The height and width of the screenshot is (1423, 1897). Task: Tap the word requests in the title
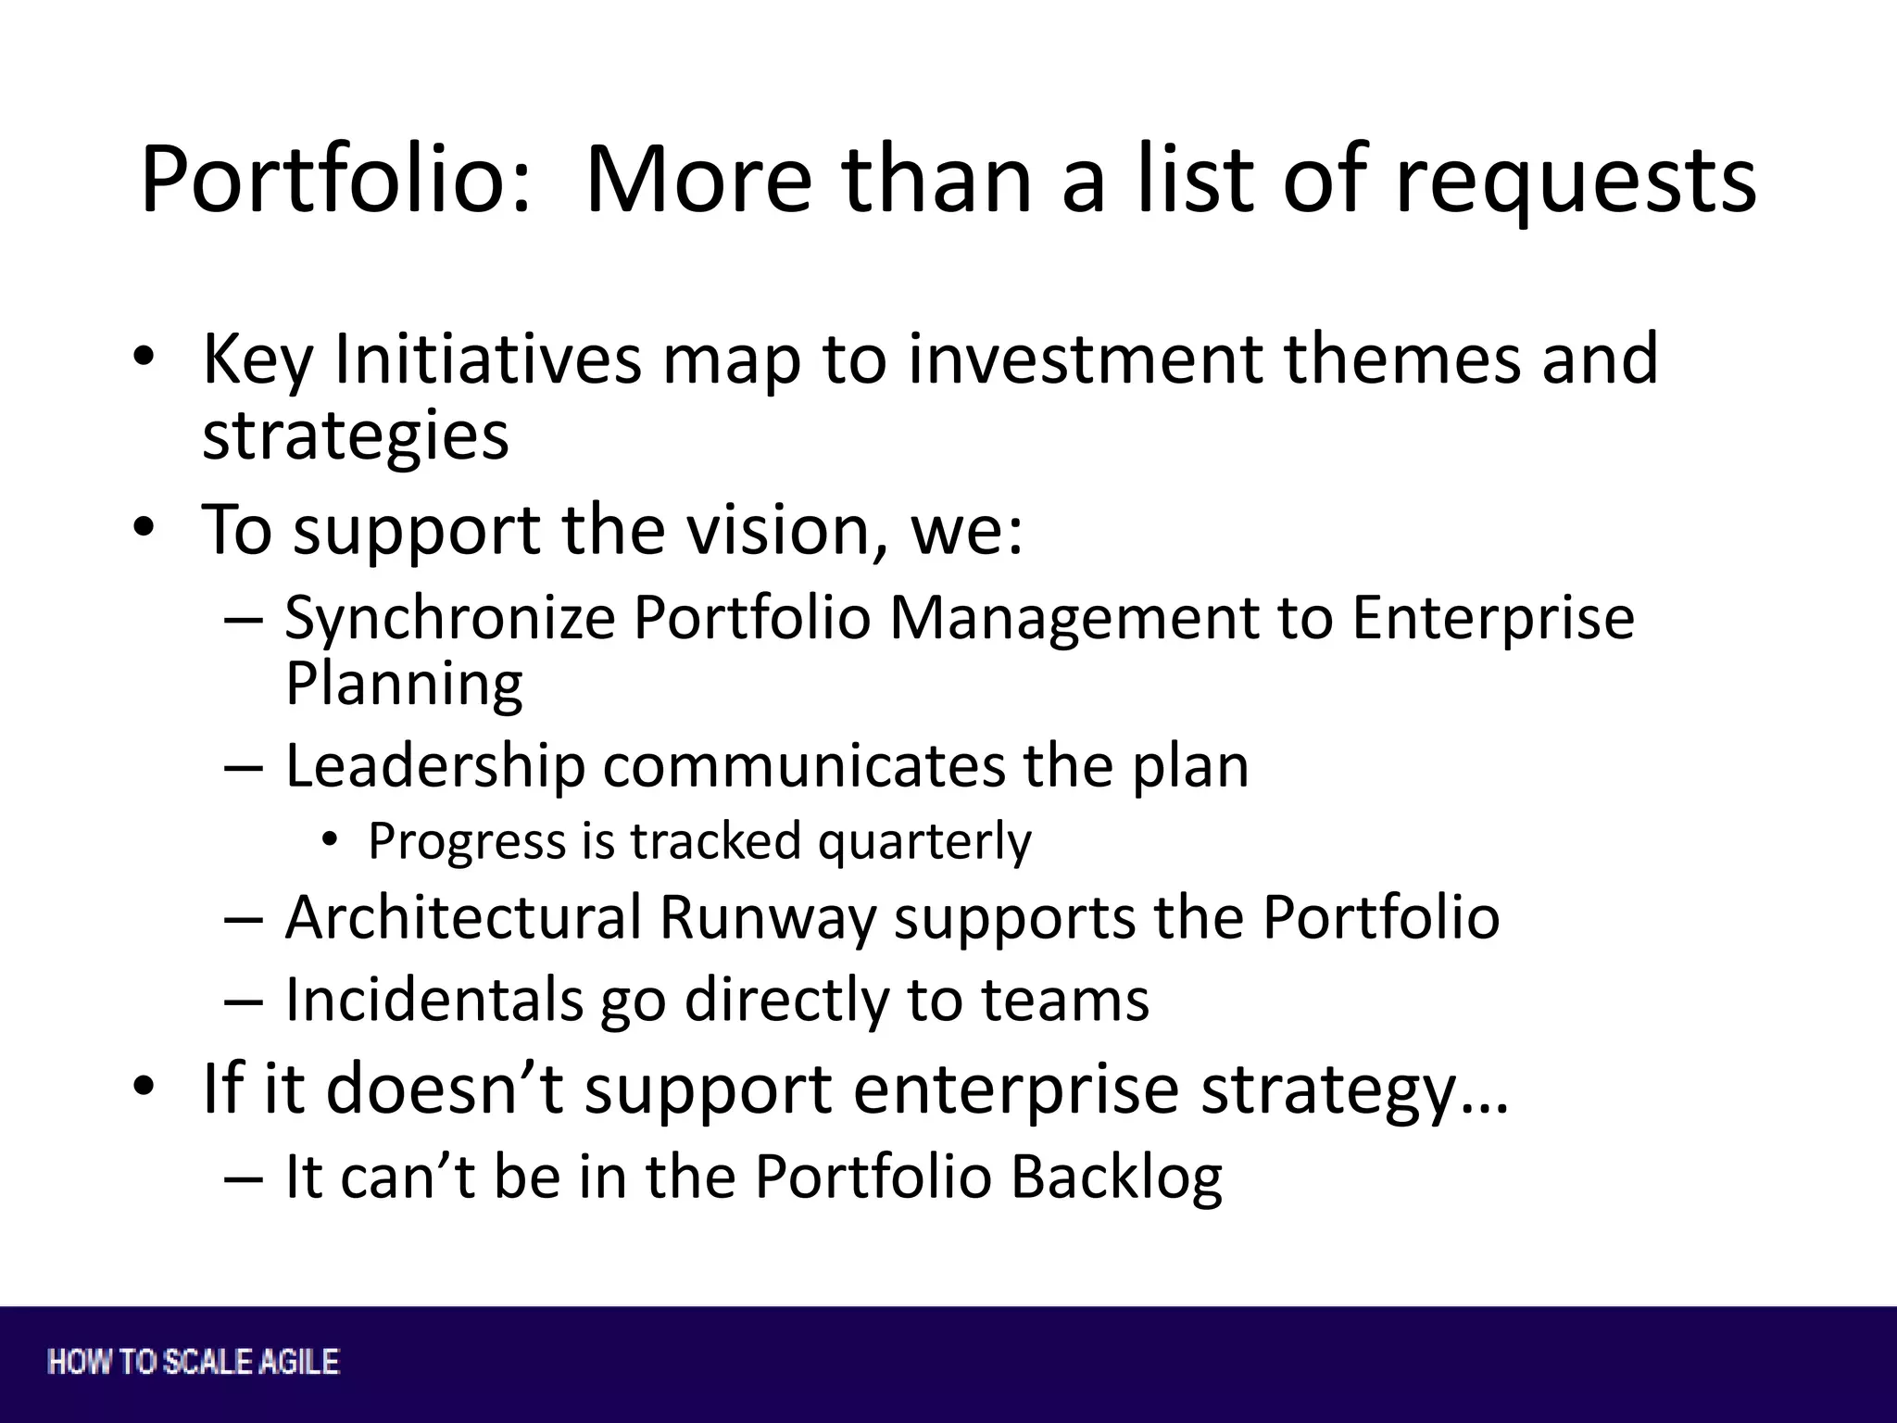click(x=1575, y=181)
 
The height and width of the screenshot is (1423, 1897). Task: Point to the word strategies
click(x=356, y=435)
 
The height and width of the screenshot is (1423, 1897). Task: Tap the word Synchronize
click(x=450, y=618)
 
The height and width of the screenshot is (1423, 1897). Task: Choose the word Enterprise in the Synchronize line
click(x=1493, y=618)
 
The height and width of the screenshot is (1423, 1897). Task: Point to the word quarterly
click(x=924, y=841)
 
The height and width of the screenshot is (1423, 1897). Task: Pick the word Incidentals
click(x=434, y=1000)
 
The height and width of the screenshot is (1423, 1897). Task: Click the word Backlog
click(x=1115, y=1177)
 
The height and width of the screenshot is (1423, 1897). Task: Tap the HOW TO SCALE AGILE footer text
click(x=194, y=1362)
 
